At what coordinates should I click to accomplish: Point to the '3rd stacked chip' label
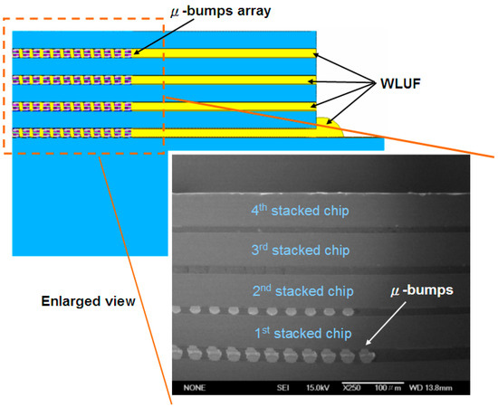(x=299, y=251)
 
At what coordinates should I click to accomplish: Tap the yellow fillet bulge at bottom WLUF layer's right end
(x=330, y=126)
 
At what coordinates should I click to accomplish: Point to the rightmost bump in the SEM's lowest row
(x=367, y=355)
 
